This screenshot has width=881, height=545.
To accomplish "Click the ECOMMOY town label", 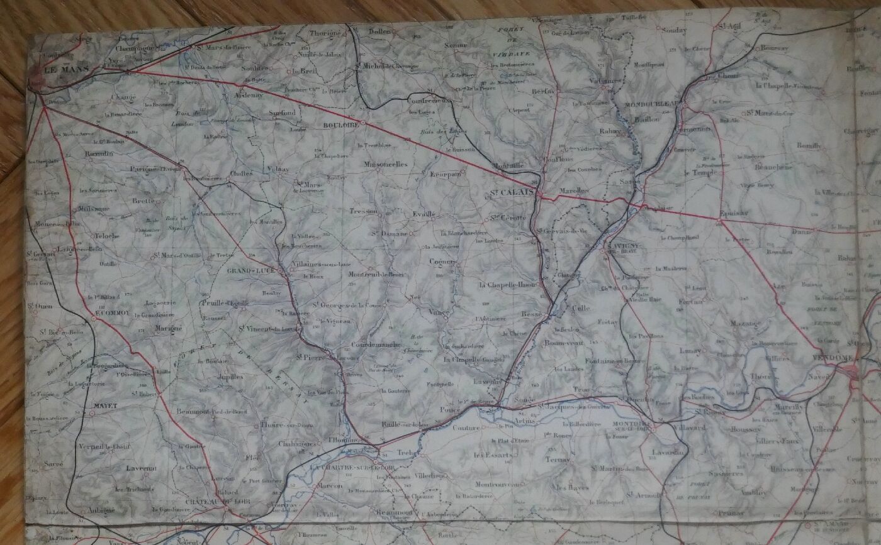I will click(x=111, y=312).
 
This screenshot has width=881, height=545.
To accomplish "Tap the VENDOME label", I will click(x=836, y=358).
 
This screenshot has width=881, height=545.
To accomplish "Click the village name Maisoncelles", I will click(x=386, y=165).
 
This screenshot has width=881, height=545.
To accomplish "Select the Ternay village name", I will click(x=558, y=460).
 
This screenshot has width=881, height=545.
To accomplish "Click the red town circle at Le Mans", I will click(x=36, y=79).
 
